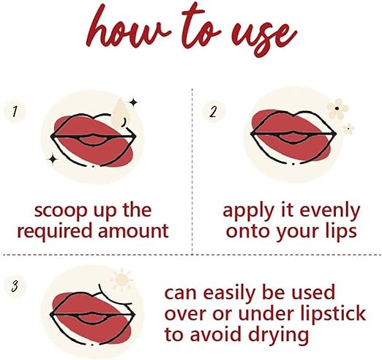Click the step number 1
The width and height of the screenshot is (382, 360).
15,112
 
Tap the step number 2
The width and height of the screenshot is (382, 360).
213,111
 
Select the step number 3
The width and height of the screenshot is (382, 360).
15,286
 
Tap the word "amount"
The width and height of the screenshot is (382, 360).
133,230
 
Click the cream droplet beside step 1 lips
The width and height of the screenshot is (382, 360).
119,113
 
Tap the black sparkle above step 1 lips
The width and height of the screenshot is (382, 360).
133,102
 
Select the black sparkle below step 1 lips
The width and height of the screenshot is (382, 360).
53,160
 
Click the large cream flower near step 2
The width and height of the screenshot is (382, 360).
337,108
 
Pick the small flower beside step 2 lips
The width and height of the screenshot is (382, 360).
348,129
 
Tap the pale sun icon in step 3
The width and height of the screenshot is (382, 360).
121,280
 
